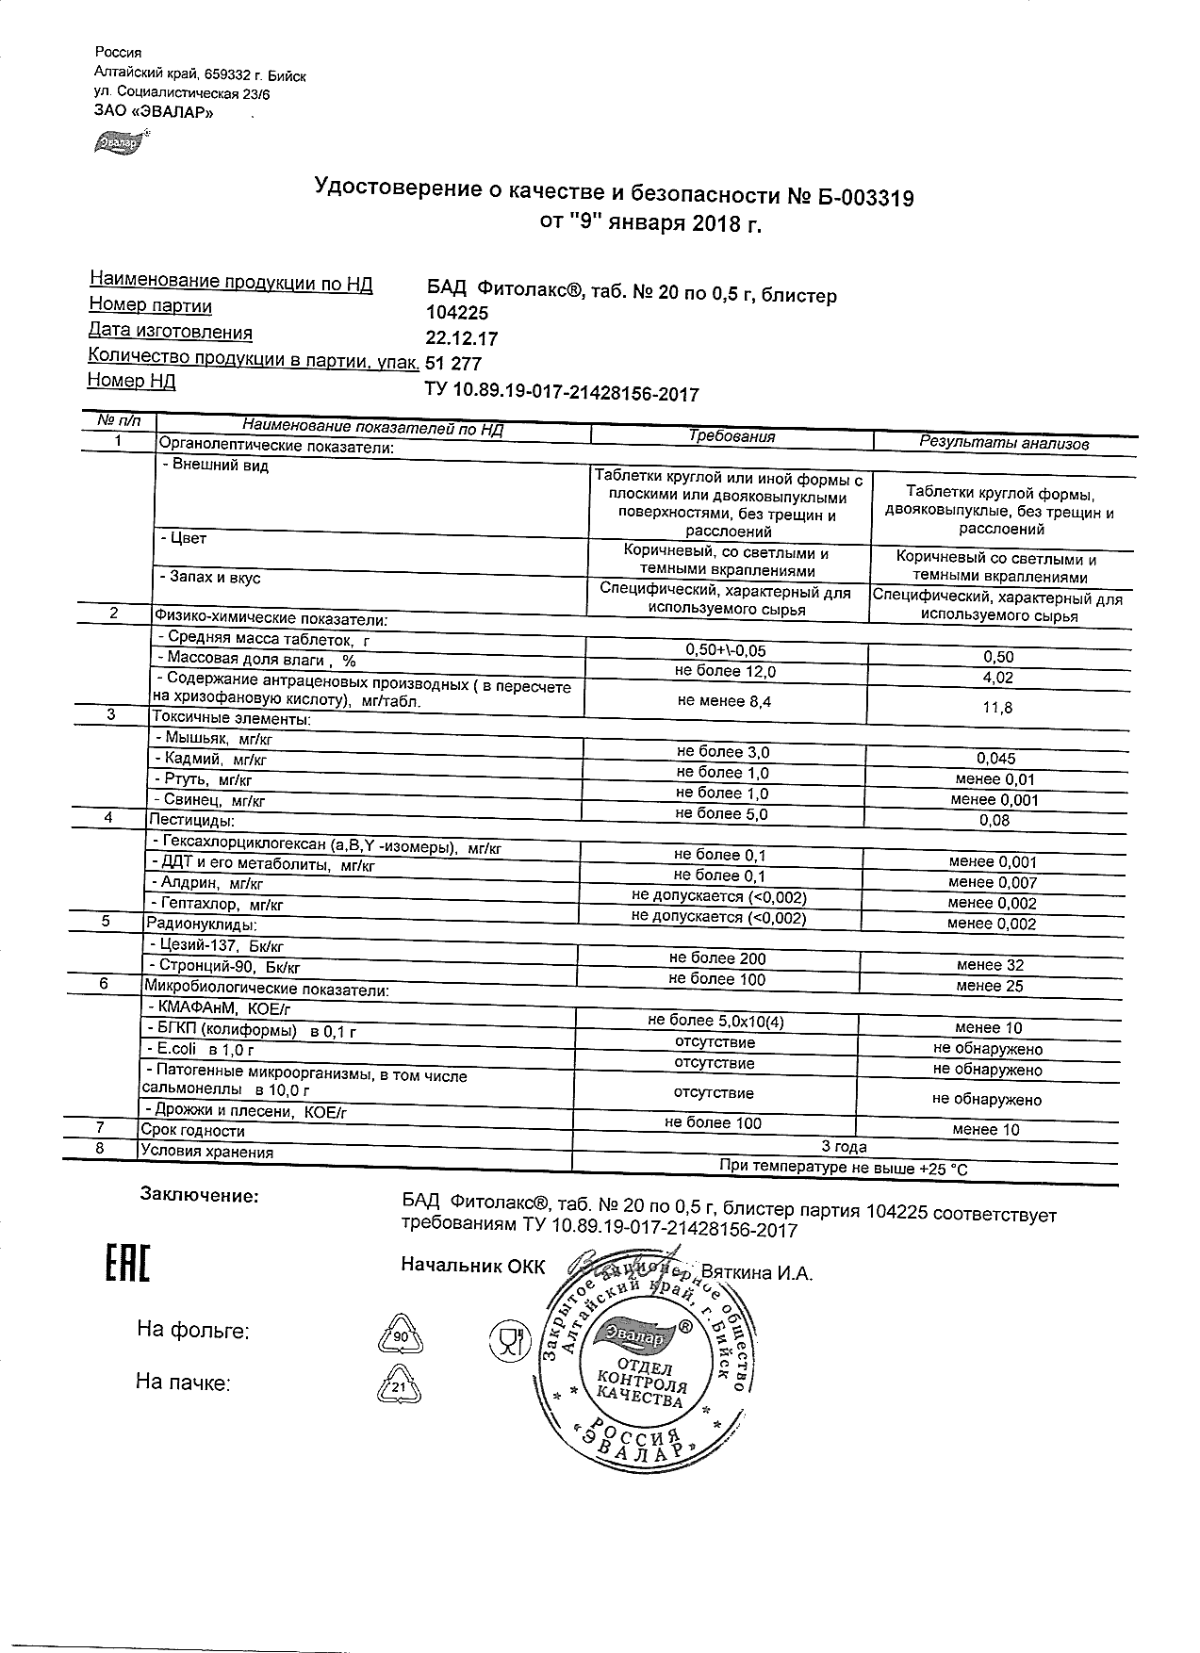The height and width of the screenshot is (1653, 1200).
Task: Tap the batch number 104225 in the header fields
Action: click(457, 317)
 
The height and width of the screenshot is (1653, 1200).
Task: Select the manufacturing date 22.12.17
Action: click(462, 339)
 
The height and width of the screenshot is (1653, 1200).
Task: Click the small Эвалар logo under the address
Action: click(117, 142)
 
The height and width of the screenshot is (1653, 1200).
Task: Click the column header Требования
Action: click(732, 436)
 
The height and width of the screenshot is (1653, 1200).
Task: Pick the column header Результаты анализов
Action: click(1004, 443)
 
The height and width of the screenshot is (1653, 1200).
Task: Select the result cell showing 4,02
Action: click(996, 678)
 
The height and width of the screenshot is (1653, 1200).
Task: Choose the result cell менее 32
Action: click(990, 965)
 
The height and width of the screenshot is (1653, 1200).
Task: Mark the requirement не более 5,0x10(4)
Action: click(715, 1021)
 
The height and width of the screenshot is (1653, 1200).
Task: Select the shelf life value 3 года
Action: click(844, 1147)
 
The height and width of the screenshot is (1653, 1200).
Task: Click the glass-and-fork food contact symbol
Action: click(508, 1336)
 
